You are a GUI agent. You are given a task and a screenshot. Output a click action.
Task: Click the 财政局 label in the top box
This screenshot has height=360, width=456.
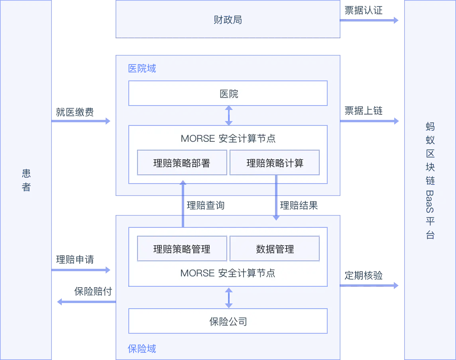click(x=228, y=20)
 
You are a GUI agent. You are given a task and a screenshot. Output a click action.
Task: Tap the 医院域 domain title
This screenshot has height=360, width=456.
click(x=142, y=68)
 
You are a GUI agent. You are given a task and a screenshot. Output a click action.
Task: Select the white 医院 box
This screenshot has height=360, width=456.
click(x=228, y=93)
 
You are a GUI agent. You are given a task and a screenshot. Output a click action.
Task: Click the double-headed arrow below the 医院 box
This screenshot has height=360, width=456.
click(x=228, y=115)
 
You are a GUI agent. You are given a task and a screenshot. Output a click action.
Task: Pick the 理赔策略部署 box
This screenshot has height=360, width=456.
click(x=182, y=162)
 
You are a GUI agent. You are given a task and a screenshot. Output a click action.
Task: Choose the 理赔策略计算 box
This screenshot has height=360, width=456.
click(x=275, y=162)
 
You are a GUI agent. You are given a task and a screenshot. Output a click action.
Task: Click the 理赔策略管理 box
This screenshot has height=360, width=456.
click(x=182, y=249)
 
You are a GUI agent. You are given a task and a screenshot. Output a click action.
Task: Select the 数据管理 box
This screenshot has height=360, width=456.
click(x=275, y=249)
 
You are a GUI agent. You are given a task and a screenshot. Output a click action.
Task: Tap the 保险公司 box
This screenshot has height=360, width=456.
click(x=228, y=321)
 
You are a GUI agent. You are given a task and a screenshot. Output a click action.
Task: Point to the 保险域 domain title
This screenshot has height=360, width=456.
click(x=142, y=349)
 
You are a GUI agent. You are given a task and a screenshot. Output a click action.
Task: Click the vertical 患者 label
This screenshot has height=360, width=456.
click(x=26, y=180)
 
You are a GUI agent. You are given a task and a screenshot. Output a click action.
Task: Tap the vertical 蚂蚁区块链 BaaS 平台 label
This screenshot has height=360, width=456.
click(x=430, y=181)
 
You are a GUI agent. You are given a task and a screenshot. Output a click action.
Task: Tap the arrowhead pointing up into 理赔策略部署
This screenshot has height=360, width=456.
click(x=183, y=183)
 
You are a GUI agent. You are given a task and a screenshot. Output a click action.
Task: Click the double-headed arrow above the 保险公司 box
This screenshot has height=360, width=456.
click(x=228, y=297)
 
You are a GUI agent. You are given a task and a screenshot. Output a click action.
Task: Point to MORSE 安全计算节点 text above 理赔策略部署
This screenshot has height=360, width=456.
click(x=228, y=139)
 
